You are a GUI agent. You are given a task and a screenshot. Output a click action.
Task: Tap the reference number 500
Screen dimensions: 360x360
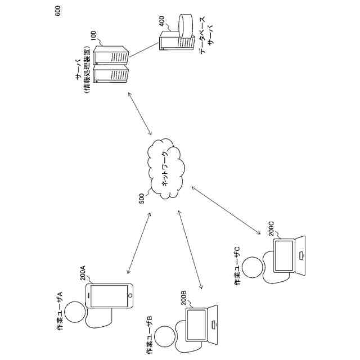click(141, 198)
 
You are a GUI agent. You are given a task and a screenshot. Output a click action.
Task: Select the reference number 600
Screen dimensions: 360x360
click(59, 11)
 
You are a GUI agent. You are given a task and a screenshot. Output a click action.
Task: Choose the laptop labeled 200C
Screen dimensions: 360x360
click(291, 257)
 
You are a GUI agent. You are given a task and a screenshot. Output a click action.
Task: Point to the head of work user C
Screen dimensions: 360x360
click(253, 267)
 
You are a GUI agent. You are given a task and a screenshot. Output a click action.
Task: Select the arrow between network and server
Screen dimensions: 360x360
click(141, 114)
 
